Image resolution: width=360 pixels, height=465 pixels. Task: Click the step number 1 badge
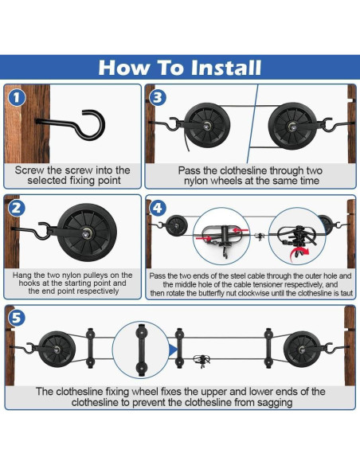click(17, 98)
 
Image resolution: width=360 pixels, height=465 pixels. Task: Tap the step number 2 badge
click(17, 208)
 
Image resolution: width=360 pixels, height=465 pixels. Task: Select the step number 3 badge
click(158, 98)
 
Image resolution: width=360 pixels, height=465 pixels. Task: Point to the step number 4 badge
click(158, 208)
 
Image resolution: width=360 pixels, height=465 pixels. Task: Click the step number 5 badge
click(17, 318)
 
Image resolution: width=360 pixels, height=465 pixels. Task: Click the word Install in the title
click(226, 68)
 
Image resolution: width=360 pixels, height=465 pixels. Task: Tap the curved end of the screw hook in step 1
click(94, 124)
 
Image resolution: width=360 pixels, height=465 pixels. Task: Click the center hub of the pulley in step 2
click(87, 232)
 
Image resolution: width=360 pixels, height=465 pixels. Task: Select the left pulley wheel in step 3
click(207, 127)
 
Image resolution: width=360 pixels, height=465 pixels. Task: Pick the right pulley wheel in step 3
click(292, 127)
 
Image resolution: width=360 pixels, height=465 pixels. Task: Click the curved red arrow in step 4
click(299, 254)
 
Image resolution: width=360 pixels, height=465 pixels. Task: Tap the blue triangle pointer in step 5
click(173, 350)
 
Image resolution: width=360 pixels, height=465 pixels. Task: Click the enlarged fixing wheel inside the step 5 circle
click(141, 350)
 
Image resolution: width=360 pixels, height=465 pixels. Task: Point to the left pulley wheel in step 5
click(57, 350)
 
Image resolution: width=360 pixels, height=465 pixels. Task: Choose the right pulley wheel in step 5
click(302, 350)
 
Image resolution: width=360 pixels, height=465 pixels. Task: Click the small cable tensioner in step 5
click(202, 360)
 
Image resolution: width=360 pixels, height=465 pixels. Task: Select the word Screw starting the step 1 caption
click(29, 170)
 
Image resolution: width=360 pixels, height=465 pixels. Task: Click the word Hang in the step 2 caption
click(20, 275)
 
